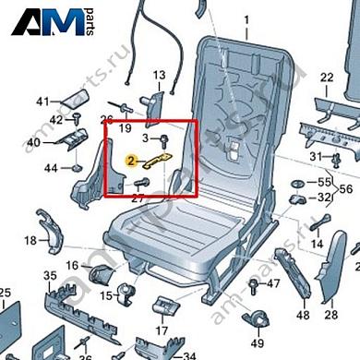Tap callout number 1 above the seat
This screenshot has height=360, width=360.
(x=246, y=19)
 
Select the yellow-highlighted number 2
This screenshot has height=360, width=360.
(x=131, y=160)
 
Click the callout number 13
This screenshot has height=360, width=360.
(x=158, y=75)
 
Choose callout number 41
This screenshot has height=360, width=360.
(x=42, y=101)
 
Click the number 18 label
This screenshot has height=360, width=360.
(x=30, y=241)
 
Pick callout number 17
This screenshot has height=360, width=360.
(x=162, y=330)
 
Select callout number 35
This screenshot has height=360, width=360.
(x=50, y=275)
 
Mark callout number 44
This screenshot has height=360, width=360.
(x=51, y=167)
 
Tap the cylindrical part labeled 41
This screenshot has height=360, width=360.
(x=76, y=99)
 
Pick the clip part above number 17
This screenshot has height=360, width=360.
(x=165, y=304)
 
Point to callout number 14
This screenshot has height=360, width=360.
(x=317, y=244)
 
